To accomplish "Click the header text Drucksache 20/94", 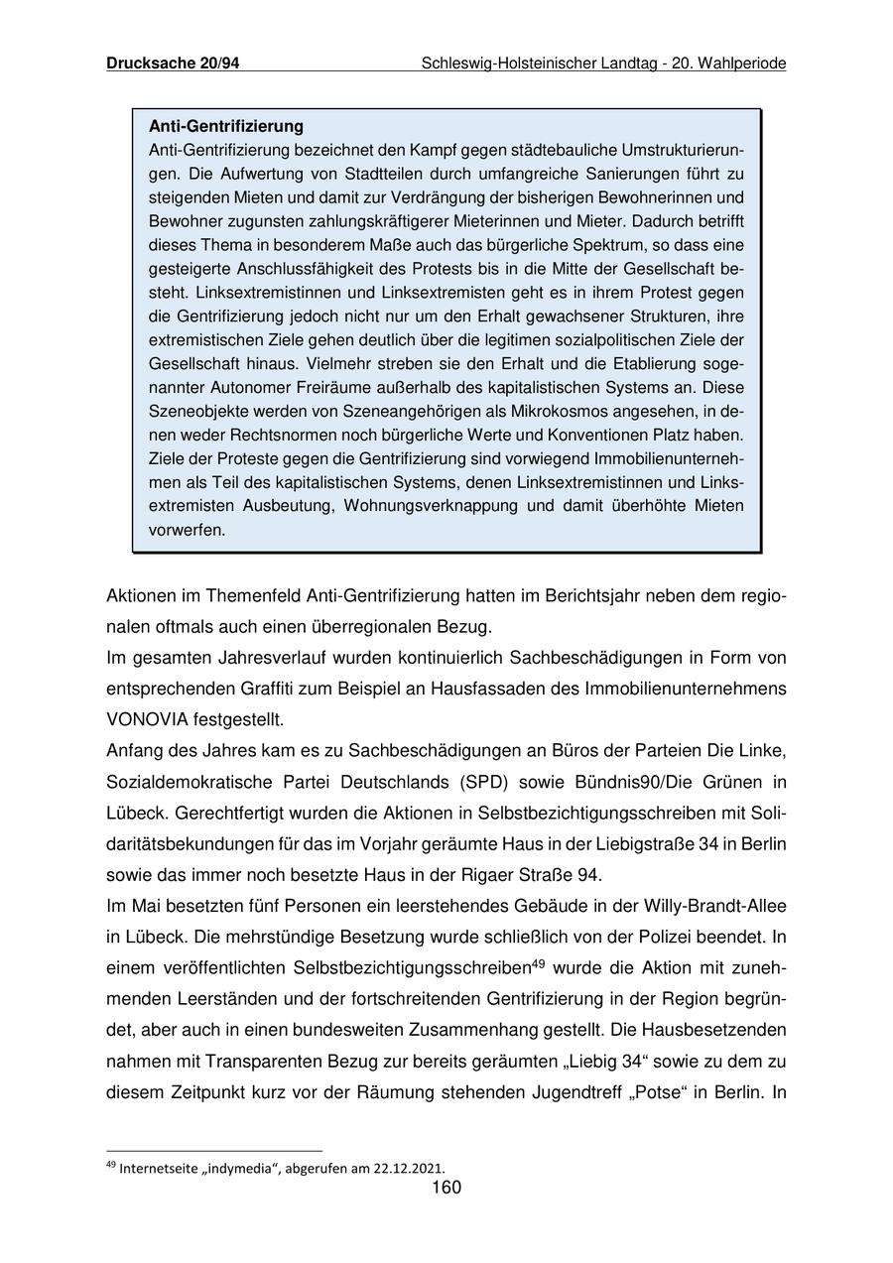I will [x=173, y=63].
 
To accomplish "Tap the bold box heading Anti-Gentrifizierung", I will [x=226, y=127].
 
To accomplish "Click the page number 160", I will [x=446, y=1189].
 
